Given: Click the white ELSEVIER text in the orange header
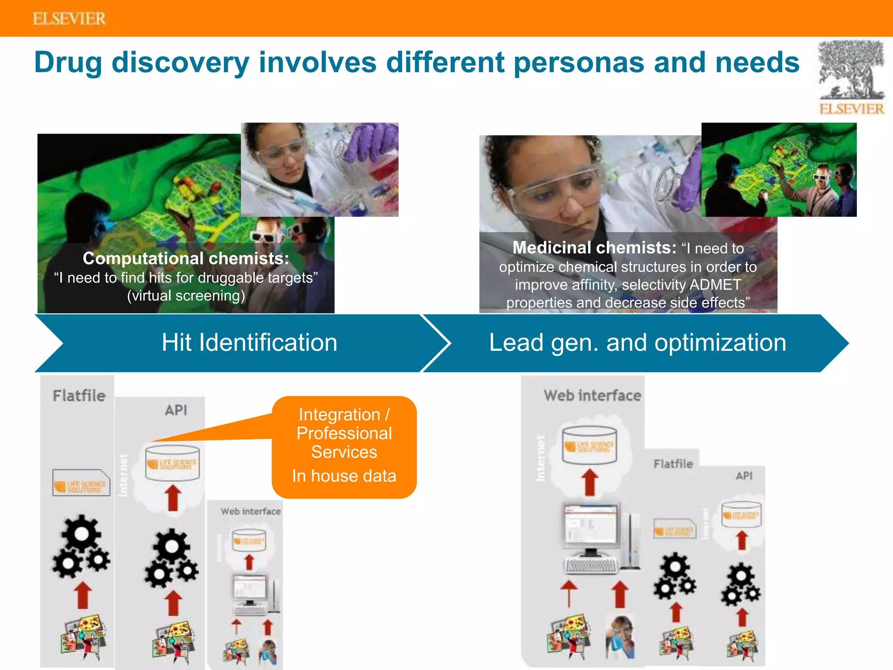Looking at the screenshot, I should [x=69, y=19].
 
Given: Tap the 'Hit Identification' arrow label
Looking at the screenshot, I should [x=249, y=342].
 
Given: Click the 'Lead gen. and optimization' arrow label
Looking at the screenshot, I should [x=637, y=342].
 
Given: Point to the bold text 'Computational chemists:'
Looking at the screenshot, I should [x=186, y=259].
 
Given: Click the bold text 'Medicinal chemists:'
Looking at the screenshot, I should [x=594, y=248].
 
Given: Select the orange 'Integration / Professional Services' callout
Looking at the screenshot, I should [x=344, y=433].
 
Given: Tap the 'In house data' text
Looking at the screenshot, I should [x=344, y=476].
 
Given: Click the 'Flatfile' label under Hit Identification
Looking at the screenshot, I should [x=79, y=396].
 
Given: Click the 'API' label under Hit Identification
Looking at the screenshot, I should [x=176, y=410].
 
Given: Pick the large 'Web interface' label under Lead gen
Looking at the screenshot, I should [x=592, y=396].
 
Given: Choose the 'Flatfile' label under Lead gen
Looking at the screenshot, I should [x=673, y=464].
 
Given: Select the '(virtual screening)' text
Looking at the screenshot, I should [x=186, y=296].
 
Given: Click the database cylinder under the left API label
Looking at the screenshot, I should [x=172, y=462].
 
